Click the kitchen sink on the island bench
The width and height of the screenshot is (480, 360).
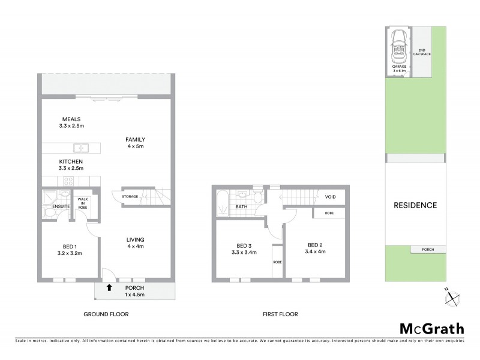(x=82, y=148)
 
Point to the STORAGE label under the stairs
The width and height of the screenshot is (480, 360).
(x=130, y=197)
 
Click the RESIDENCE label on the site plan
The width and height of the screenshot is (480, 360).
(x=415, y=205)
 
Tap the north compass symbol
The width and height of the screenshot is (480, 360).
(x=454, y=297)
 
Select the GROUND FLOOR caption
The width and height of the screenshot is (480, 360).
(x=106, y=314)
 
